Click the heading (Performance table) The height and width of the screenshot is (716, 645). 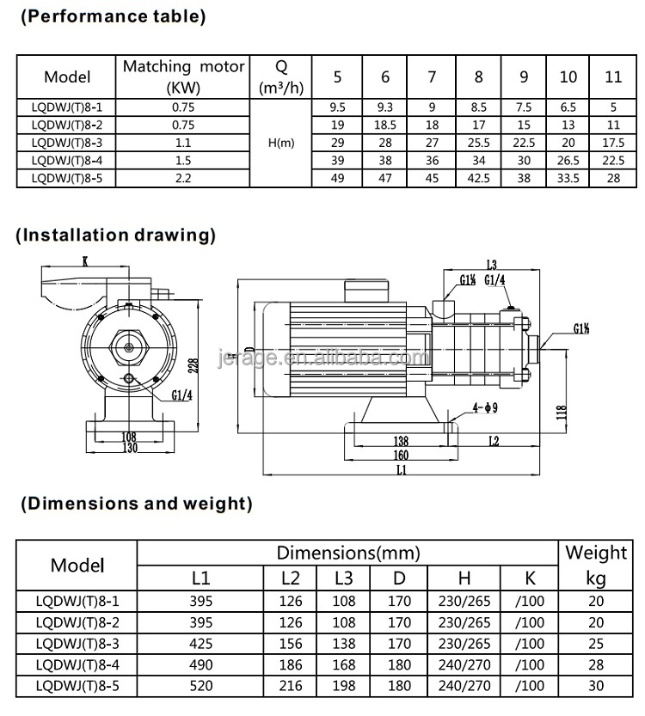(113, 16)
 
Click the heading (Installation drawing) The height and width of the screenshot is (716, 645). (117, 235)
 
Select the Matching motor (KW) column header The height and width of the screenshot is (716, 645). (183, 76)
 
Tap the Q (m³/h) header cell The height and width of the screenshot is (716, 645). (280, 76)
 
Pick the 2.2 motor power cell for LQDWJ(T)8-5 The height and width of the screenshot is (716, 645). (183, 178)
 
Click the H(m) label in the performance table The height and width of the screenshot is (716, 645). (280, 143)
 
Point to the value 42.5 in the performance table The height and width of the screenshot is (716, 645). (478, 178)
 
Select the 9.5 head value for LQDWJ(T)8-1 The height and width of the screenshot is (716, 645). (337, 107)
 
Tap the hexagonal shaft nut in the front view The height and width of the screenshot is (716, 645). (129, 346)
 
